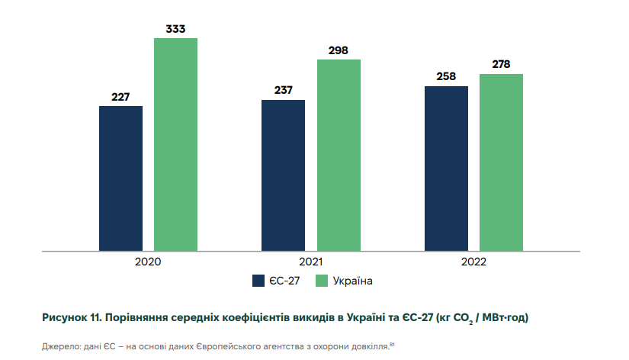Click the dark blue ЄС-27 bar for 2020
[120, 178]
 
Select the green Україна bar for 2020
[175, 144]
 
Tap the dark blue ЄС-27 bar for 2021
[283, 175]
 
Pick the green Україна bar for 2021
[339, 155]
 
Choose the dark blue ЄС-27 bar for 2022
[446, 168]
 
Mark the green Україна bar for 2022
[501, 162]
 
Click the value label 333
[175, 30]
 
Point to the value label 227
[120, 97]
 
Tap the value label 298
[339, 50]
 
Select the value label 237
[283, 91]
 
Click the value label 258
[446, 77]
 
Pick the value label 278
[501, 65]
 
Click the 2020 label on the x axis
[148, 261]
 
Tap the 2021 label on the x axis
[311, 261]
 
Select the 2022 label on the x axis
[473, 261]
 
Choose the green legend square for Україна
[323, 281]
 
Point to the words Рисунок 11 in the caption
[69, 317]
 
